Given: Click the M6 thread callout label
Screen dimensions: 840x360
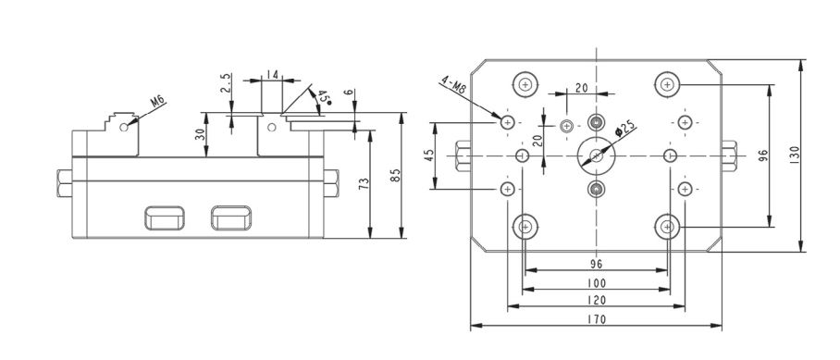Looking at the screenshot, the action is (157, 101).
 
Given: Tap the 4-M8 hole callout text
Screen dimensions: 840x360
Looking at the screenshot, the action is (452, 85).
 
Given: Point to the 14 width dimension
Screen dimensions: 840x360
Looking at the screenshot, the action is (272, 74).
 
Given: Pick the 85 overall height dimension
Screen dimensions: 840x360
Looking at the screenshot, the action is (395, 175).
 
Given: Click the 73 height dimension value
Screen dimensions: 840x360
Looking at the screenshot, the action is (364, 184).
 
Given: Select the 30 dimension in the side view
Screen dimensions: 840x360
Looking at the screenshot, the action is (201, 134).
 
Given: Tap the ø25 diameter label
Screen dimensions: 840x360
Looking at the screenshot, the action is (624, 130).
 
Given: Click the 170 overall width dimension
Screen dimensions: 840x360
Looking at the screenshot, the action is (596, 319).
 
